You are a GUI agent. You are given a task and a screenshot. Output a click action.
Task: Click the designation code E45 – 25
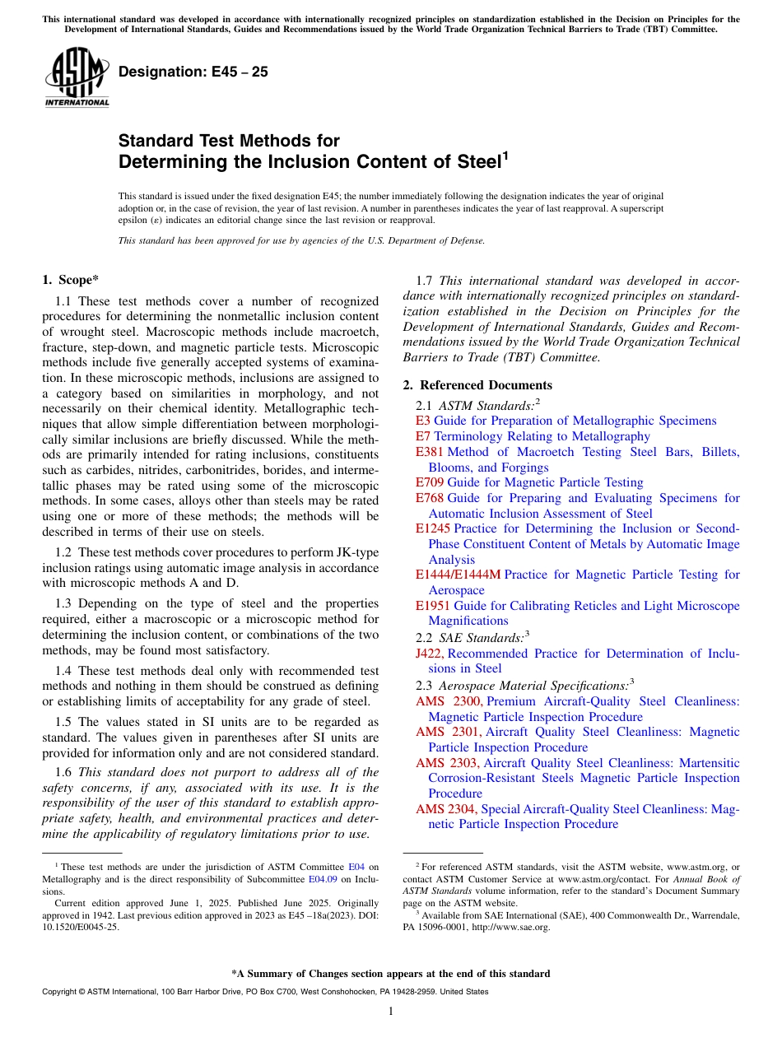[193, 72]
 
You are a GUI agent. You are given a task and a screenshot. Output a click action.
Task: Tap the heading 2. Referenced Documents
[477, 385]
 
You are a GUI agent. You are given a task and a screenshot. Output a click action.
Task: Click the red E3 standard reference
[422, 421]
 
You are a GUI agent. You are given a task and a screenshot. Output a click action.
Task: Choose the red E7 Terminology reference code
[422, 436]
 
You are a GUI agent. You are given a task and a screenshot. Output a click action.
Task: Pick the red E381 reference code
[430, 452]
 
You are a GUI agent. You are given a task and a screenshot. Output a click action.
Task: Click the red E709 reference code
[430, 482]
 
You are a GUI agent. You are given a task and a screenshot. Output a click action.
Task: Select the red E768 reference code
[430, 498]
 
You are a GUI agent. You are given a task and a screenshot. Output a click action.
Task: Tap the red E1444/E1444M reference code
[458, 575]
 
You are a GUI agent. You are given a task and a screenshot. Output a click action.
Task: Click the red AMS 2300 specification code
[449, 701]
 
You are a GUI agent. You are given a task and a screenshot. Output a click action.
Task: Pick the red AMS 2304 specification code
[446, 809]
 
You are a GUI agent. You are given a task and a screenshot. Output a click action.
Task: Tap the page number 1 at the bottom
[391, 1012]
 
